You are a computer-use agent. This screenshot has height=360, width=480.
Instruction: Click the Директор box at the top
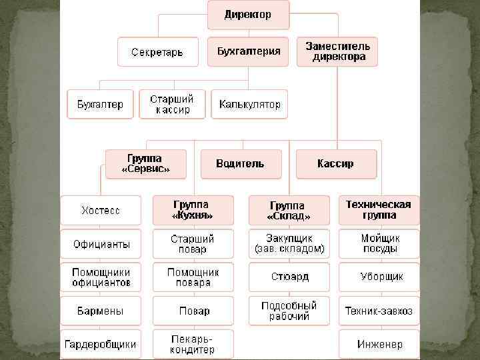[x=248, y=15]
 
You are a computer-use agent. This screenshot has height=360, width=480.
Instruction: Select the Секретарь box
[x=158, y=51]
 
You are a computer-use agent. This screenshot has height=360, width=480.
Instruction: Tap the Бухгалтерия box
[x=248, y=51]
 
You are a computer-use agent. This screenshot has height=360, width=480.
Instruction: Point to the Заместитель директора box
[x=337, y=51]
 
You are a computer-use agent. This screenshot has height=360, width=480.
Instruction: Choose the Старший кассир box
[x=173, y=104]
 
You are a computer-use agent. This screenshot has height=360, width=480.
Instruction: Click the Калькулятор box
[x=249, y=104]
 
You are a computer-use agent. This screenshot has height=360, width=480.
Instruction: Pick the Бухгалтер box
[x=100, y=104]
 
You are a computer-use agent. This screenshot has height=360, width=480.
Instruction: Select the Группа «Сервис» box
[x=145, y=164]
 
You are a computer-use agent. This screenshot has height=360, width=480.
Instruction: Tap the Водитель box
[x=241, y=164]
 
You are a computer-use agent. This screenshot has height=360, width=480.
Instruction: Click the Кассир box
[x=336, y=164]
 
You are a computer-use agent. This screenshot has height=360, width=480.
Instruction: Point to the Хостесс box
[x=101, y=210]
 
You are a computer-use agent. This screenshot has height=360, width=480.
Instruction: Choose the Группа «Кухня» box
[x=193, y=210]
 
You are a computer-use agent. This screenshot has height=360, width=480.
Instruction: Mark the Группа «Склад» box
[x=289, y=210]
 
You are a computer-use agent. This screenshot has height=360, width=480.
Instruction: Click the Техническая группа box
[x=379, y=210]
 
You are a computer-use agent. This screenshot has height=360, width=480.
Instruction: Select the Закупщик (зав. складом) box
[x=289, y=243]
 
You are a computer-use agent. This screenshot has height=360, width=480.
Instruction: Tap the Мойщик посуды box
[x=379, y=243]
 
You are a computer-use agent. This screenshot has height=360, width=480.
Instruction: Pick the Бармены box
[x=101, y=311]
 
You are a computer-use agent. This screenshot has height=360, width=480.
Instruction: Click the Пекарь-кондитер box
[x=193, y=344]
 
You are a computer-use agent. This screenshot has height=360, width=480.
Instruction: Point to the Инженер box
[x=379, y=344]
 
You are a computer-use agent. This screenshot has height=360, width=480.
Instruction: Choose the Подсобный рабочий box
[x=289, y=311]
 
